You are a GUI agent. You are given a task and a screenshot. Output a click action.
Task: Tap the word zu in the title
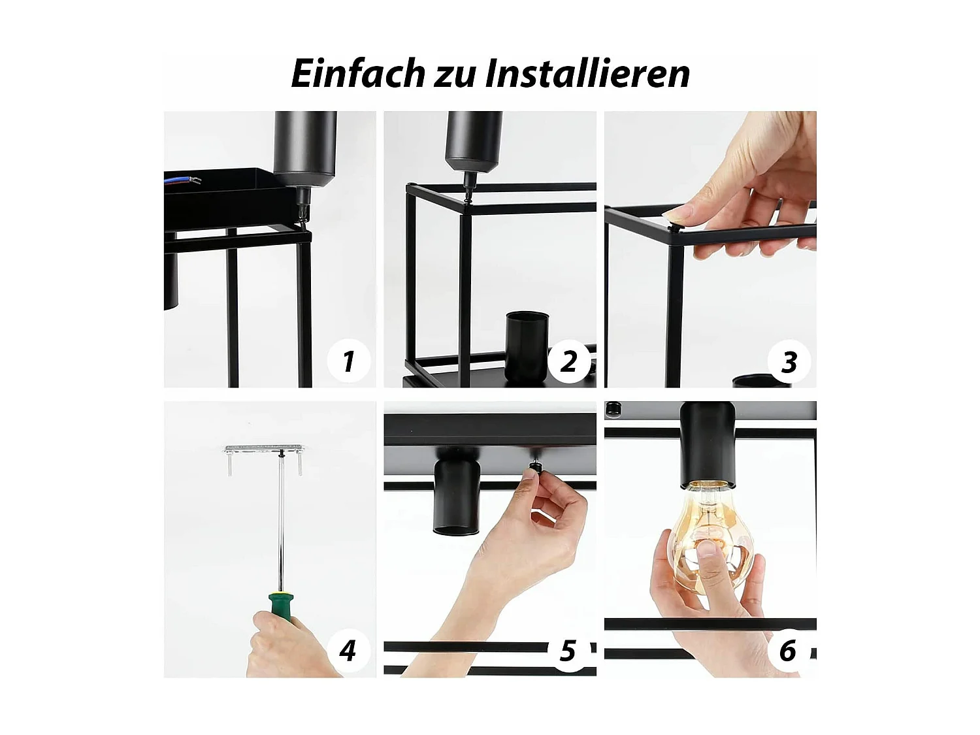454,74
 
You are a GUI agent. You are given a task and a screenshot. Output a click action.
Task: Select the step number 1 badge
348,361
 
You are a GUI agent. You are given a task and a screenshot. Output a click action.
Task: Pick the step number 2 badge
568,361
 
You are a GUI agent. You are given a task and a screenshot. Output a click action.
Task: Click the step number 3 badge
789,361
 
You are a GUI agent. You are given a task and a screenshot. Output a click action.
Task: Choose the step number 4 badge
348,650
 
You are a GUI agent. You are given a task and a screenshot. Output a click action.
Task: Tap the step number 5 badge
568,651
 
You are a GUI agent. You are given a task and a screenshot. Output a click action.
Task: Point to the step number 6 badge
789,651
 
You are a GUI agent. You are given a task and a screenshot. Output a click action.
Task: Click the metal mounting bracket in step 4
264,450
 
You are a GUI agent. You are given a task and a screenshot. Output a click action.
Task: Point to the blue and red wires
183,180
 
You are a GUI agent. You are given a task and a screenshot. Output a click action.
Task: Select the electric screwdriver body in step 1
305,147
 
